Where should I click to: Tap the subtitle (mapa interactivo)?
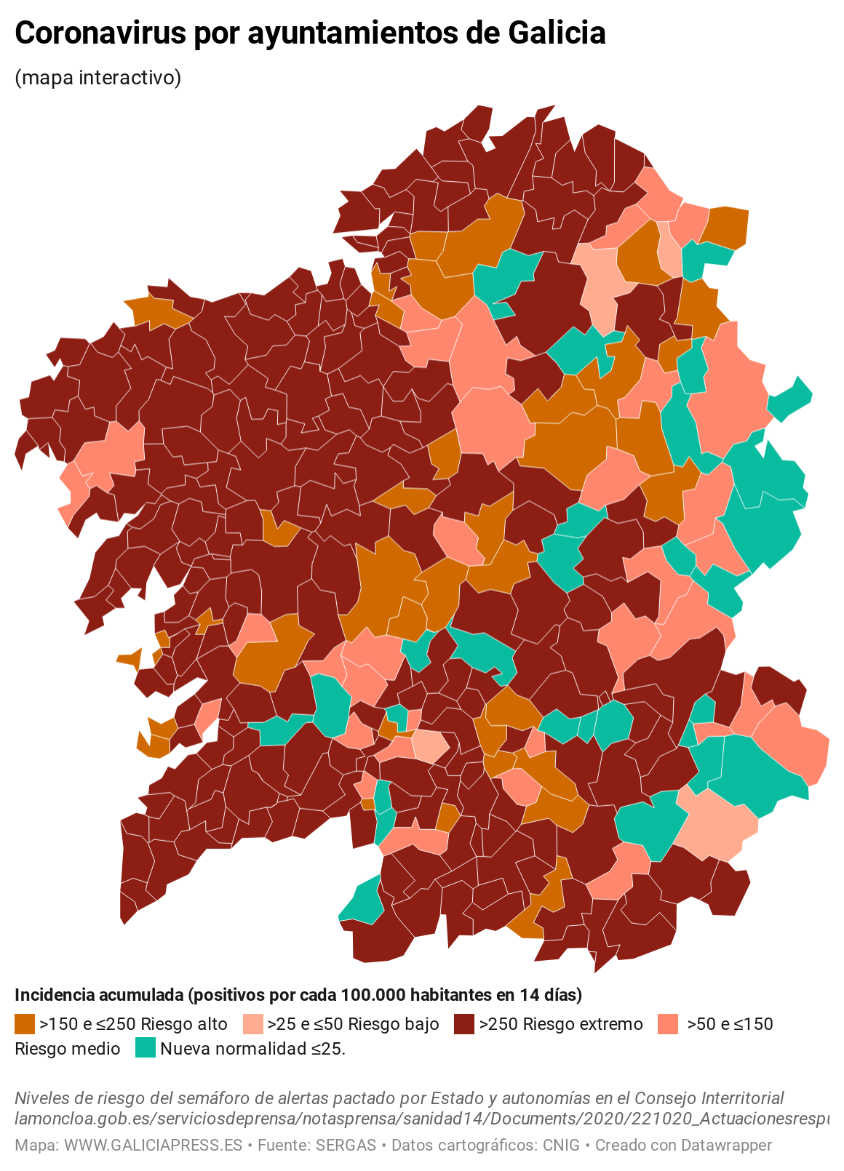(97, 77)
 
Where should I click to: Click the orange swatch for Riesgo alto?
(24, 1024)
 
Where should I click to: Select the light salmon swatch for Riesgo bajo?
(252, 1024)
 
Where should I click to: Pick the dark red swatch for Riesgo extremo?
(463, 1024)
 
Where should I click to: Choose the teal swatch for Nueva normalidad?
(146, 1048)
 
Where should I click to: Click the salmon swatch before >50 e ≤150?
(667, 1024)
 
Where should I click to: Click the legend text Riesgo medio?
(68, 1049)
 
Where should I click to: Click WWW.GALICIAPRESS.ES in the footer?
(153, 1145)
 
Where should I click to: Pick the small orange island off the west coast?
(130, 658)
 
